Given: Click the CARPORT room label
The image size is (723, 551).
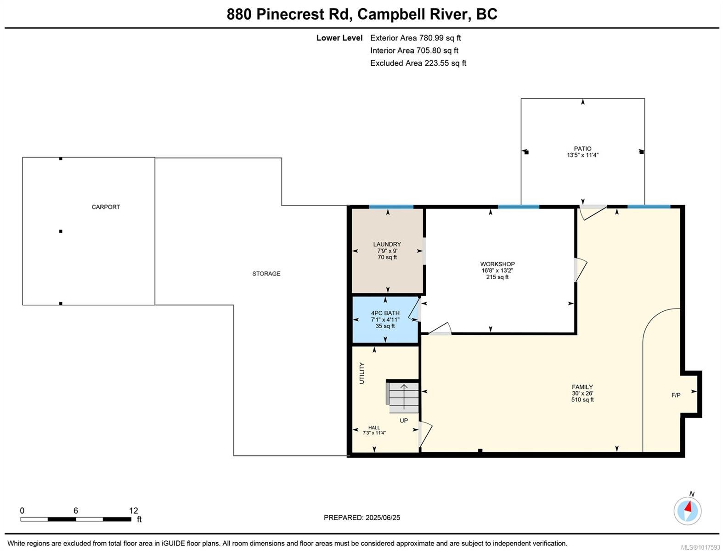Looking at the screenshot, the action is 105,207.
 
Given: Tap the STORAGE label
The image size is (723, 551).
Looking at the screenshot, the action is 266,274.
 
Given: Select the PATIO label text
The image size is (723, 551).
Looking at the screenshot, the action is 582,149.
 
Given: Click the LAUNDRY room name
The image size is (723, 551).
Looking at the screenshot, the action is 387,244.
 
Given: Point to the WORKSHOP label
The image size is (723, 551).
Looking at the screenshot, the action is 497,264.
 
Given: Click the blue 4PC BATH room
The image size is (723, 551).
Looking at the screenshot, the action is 385,320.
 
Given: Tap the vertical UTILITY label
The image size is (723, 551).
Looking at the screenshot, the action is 362,373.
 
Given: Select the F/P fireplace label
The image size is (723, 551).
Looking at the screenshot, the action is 676,395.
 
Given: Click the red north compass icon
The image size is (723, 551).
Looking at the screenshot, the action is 688,511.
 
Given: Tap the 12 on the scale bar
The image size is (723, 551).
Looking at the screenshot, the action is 133,511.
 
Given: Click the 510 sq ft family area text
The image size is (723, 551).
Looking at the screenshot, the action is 582,399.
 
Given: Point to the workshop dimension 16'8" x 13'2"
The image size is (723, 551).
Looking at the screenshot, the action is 497,270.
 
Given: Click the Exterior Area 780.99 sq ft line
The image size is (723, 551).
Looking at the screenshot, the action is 415,38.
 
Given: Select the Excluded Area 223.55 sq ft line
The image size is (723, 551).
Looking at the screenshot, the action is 418,63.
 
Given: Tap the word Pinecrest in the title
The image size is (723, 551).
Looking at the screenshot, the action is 290,14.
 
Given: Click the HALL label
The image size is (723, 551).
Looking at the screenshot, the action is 374,427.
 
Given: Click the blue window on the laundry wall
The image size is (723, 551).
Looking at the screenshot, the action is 391,207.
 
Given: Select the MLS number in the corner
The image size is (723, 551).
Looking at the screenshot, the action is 700,547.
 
